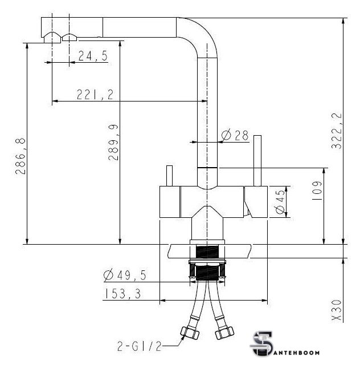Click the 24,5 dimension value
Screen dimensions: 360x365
pos(93,56)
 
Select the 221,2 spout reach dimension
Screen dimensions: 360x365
pos(95,95)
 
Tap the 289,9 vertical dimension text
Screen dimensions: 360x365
pos(113,143)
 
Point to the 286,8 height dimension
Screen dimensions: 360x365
pos(21,156)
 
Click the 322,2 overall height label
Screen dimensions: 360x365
pos(337,131)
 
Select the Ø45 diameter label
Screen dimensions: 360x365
pos(280,201)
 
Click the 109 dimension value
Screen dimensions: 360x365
pos(317,192)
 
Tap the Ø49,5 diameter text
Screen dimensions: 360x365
pos(125,275)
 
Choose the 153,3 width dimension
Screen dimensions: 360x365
pos(123,294)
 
